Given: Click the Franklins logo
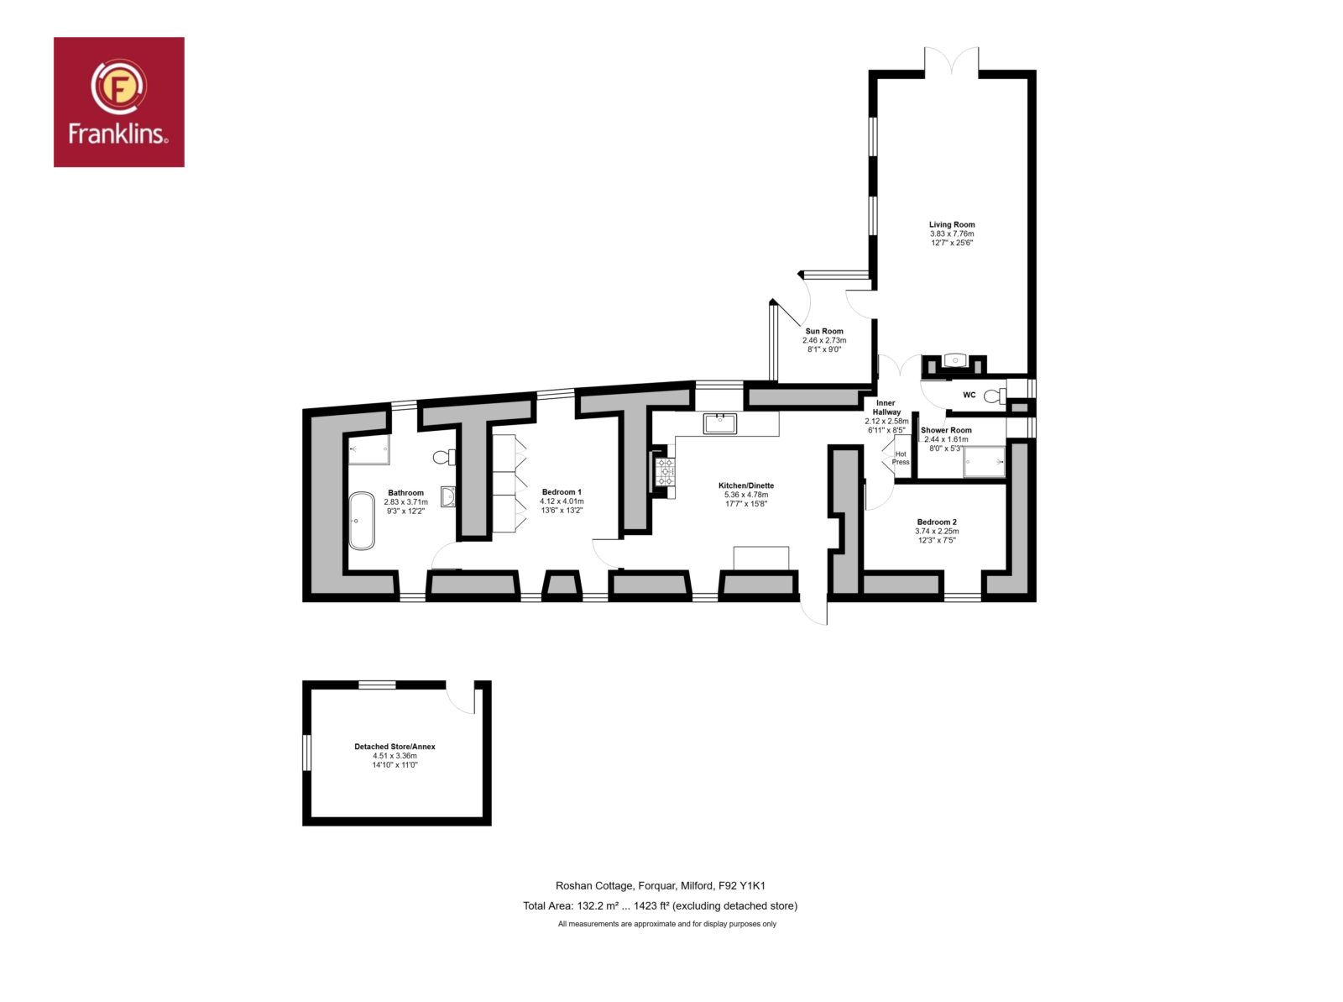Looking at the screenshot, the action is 118,102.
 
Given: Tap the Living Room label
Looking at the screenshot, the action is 951,224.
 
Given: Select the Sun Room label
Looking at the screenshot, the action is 824,331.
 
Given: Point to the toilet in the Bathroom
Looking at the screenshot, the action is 444,457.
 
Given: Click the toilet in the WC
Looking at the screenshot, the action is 995,396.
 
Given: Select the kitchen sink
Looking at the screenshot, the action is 719,423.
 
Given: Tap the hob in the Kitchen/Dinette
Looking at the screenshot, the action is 665,472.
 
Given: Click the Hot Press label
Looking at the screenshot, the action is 900,458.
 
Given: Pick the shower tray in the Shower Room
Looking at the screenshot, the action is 984,461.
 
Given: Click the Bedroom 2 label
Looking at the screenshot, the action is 937,522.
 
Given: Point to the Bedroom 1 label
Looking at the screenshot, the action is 562,492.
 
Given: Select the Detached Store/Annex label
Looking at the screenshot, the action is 395,747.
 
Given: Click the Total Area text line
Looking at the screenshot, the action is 661,906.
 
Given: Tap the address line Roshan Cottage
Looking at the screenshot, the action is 661,886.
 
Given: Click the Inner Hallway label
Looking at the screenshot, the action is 886,407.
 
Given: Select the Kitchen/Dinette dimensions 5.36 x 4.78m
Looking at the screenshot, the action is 746,495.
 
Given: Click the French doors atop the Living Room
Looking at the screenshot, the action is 951,61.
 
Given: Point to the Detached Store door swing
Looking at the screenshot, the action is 460,699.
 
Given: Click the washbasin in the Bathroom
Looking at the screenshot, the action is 448,496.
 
